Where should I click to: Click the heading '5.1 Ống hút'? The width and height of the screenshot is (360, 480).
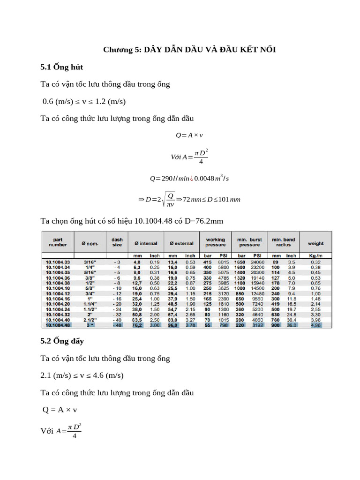(x=62, y=67)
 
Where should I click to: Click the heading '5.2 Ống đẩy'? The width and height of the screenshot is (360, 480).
(x=63, y=341)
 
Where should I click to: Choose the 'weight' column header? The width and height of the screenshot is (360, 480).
(x=315, y=243)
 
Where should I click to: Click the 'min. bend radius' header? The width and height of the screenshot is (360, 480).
(x=283, y=242)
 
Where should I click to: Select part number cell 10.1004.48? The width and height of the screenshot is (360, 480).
(x=58, y=325)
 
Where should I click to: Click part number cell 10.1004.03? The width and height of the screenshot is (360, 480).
(x=58, y=262)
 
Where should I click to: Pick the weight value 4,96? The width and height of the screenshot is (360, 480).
(x=315, y=325)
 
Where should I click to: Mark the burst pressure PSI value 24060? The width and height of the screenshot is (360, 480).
(x=257, y=262)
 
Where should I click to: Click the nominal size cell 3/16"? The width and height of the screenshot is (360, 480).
(x=90, y=262)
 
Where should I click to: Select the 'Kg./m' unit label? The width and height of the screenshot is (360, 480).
(x=315, y=255)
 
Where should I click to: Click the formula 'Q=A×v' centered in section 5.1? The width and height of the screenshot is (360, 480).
(x=189, y=135)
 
